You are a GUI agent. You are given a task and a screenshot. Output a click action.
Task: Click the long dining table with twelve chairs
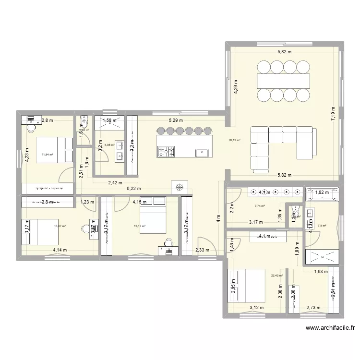tap(283, 79)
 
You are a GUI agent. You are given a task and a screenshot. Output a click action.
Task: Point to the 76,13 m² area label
tap(235, 140)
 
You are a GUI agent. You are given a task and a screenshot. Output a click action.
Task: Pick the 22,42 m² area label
tap(277, 276)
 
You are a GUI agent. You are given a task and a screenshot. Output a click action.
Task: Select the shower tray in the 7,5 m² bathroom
tap(323, 255)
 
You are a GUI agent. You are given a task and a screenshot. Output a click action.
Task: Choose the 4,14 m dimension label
tap(60, 250)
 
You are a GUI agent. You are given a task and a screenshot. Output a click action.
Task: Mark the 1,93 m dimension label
tap(321, 272)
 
